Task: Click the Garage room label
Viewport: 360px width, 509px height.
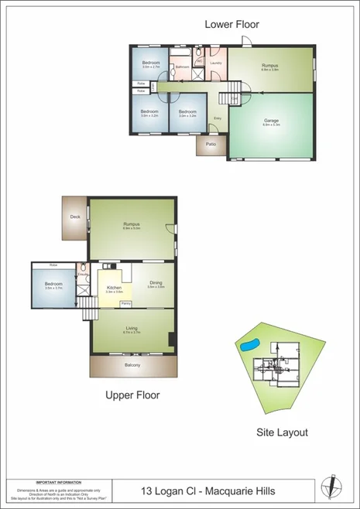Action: coord(271,121)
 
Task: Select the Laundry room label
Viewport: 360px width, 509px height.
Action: coord(216,63)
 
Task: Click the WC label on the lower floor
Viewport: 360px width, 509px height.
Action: coord(199,61)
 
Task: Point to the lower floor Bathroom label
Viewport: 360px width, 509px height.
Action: coord(182,67)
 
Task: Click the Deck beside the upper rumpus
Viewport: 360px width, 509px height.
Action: coord(75,217)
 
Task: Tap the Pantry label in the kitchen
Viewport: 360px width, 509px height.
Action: coord(125,303)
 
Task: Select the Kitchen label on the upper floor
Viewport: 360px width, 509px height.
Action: coord(114,288)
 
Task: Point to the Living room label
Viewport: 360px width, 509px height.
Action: coord(132,329)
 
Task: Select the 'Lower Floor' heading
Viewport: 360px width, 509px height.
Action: coord(231,25)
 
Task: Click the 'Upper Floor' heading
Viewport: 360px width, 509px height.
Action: coord(132,395)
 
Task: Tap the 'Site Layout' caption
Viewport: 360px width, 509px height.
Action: coord(282,432)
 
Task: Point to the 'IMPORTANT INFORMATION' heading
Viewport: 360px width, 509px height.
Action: coord(60,480)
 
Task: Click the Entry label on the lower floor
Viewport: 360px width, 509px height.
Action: coord(218,118)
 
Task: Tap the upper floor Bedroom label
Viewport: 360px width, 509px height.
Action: coord(53,284)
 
